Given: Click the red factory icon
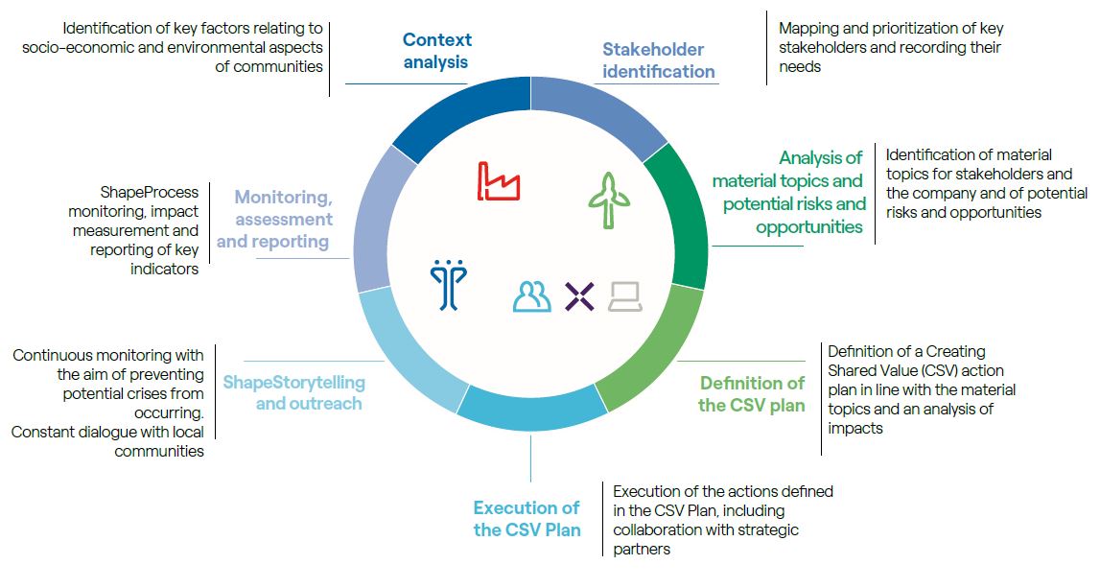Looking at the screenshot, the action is tap(498, 181).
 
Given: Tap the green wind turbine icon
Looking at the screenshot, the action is tap(609, 200).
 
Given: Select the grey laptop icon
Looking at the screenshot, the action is tap(625, 296).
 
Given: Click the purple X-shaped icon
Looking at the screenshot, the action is tap(579, 296).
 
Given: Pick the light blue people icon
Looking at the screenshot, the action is tap(531, 296).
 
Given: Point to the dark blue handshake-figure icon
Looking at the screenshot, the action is tap(448, 284).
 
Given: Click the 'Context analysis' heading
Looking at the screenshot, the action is tap(436, 51).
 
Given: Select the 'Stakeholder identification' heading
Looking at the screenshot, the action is tap(658, 60).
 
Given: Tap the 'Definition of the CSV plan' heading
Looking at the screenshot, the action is tap(751, 393).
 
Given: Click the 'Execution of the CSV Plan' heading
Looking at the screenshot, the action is tap(527, 518).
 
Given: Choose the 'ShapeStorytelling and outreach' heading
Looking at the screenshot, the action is tap(294, 392).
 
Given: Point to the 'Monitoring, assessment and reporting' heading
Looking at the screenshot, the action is tap(273, 219).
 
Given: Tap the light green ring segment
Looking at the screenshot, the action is tap(652, 352).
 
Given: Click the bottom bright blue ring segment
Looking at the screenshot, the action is tap(531, 410).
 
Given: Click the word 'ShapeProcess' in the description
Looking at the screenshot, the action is tap(150, 192).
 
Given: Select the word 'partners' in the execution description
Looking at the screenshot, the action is tap(642, 550).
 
